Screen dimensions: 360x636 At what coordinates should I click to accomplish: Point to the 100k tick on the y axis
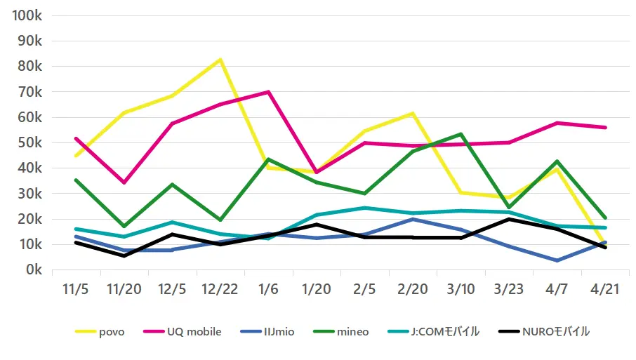28,15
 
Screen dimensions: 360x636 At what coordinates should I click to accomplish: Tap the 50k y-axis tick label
31,143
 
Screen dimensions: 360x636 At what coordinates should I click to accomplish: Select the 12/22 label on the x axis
220,290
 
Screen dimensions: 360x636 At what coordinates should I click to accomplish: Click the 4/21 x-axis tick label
605,290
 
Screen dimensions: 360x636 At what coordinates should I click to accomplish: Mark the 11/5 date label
75,290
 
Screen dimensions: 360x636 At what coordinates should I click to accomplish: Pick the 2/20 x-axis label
413,290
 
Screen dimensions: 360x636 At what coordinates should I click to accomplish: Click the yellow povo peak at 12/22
220,60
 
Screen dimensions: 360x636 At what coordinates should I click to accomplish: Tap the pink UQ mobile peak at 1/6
268,92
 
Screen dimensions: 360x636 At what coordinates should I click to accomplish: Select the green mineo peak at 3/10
461,134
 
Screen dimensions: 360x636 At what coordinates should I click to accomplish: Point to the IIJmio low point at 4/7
557,260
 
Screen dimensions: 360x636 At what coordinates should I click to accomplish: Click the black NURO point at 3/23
509,219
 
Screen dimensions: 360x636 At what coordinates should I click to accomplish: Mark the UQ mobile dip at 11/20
124,182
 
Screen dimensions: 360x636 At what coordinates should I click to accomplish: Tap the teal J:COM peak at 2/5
364,208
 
